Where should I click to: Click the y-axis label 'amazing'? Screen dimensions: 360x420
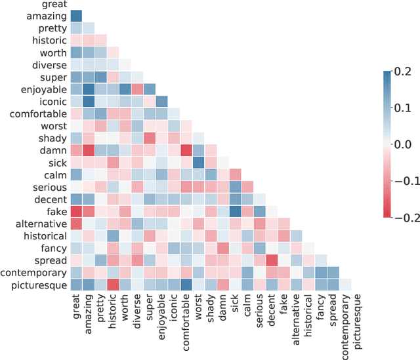point(47,16)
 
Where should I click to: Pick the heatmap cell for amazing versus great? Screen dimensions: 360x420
point(76,16)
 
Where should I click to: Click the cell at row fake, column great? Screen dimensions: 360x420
point(76,211)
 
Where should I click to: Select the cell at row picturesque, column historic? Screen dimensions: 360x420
point(114,285)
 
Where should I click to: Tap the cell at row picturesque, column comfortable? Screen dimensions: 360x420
point(187,285)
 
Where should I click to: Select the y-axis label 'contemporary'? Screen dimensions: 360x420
point(33,272)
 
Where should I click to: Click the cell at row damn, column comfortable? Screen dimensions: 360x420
point(187,150)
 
